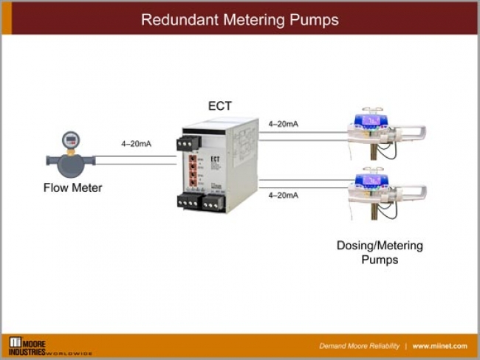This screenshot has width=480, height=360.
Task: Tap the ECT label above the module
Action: [x=220, y=106]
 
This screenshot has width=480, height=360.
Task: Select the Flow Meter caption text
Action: [x=72, y=187]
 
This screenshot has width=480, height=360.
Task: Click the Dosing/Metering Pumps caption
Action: [x=380, y=252]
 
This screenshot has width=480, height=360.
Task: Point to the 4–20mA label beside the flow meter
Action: [x=136, y=143]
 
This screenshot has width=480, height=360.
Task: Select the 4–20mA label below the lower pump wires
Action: [x=283, y=195]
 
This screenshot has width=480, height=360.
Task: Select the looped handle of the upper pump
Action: [x=413, y=134]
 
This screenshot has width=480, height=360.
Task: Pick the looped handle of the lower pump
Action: [x=413, y=193]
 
